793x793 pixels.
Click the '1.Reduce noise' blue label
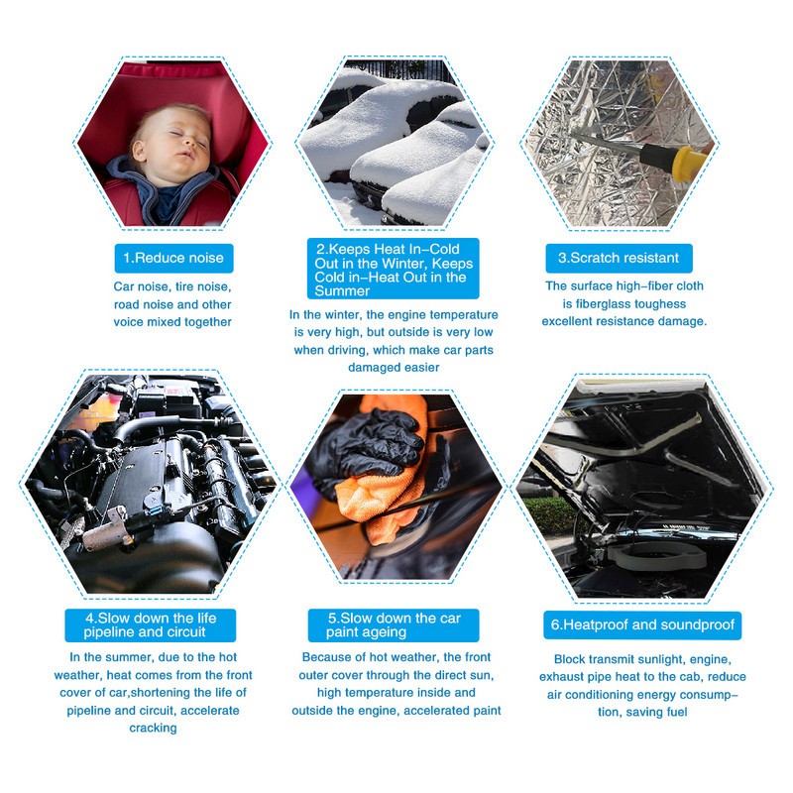[x=173, y=258]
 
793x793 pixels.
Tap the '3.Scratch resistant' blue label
[x=619, y=258]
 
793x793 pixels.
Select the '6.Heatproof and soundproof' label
[x=642, y=625]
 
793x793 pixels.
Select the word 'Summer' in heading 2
[x=342, y=291]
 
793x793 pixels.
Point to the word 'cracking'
[x=153, y=729]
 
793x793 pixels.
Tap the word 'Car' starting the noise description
[x=123, y=286]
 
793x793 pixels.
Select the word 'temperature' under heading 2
[x=467, y=315]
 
